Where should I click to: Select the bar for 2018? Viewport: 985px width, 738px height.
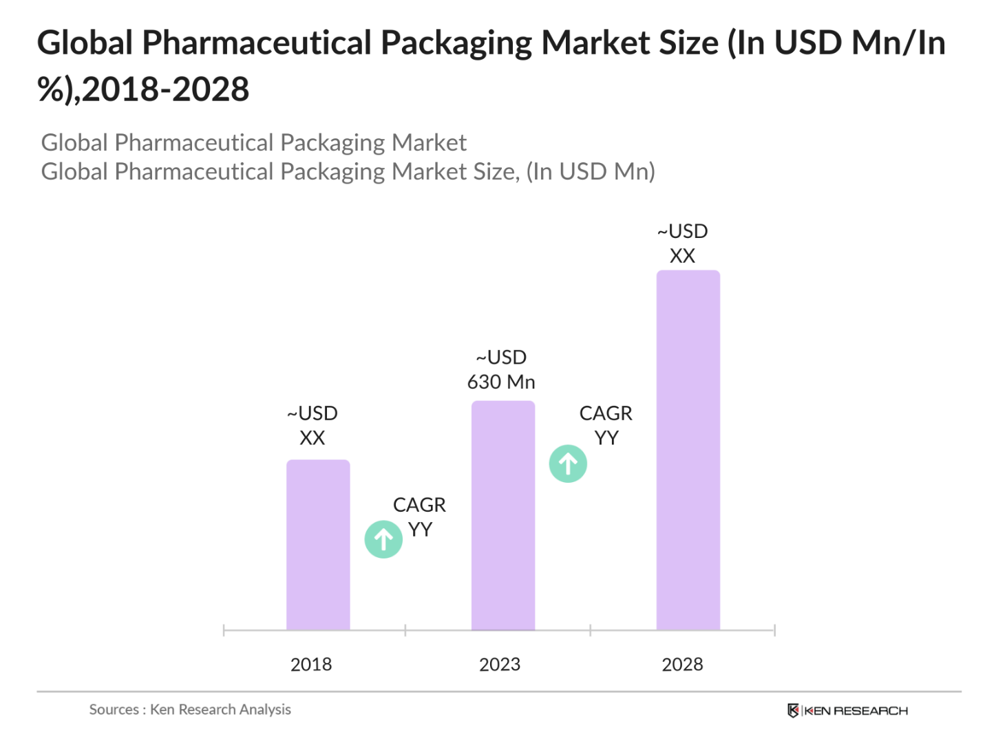click(x=318, y=545)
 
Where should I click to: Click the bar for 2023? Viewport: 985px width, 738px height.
click(x=502, y=515)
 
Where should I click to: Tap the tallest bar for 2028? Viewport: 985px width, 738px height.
click(x=688, y=450)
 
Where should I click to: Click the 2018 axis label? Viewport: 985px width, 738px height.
click(x=311, y=664)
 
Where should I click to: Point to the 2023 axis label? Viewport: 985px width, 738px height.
click(x=500, y=664)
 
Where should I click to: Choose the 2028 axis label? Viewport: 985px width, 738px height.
click(x=682, y=664)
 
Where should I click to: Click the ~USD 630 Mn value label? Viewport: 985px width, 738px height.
click(x=501, y=370)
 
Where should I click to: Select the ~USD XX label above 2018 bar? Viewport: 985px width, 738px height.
click(x=313, y=426)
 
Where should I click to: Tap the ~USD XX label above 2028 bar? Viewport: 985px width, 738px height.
click(x=682, y=243)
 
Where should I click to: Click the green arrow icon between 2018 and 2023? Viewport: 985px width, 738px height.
click(x=383, y=539)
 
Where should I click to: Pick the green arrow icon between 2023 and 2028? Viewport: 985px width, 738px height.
click(x=568, y=464)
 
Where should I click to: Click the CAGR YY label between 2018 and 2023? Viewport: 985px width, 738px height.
click(x=419, y=517)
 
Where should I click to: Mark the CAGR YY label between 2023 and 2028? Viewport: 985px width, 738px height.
click(x=606, y=426)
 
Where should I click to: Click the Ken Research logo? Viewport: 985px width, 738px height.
click(x=847, y=710)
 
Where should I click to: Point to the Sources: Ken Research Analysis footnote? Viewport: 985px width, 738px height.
click(x=190, y=709)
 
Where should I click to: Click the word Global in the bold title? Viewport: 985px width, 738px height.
click(x=85, y=43)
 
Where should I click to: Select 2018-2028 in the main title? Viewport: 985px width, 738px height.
click(x=165, y=89)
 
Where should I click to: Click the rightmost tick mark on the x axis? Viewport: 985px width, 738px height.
click(x=774, y=630)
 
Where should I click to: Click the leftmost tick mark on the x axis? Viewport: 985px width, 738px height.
click(x=224, y=630)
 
